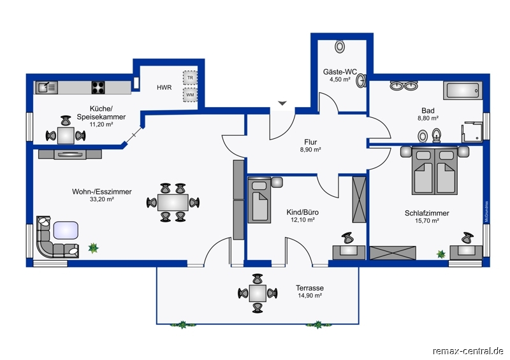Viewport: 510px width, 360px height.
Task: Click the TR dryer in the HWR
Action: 190,78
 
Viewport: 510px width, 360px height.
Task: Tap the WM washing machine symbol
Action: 190,95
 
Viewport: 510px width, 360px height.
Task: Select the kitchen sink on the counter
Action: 47,87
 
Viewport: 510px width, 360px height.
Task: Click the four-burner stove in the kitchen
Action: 98,87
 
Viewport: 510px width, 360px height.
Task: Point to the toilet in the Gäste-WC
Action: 340,47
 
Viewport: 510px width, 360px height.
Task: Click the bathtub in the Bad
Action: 463,90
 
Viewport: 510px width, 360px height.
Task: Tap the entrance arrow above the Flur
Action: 282,103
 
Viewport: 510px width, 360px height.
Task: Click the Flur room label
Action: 310,142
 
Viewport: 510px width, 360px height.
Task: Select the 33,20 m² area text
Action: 102,199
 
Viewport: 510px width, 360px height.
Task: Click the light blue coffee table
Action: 66,230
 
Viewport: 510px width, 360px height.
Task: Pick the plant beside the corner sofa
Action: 93,248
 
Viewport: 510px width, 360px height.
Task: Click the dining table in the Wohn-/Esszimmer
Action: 173,203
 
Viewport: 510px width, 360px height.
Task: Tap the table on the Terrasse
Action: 258,293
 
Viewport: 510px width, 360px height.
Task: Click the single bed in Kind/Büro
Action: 259,200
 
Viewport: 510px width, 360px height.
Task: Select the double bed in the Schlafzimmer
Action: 435,171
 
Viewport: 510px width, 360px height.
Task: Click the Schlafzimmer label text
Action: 426,213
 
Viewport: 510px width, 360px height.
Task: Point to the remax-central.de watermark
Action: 468,351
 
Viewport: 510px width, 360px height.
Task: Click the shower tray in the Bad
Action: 472,133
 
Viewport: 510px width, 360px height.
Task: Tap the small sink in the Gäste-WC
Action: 361,80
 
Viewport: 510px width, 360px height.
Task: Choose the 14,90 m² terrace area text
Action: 310,296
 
